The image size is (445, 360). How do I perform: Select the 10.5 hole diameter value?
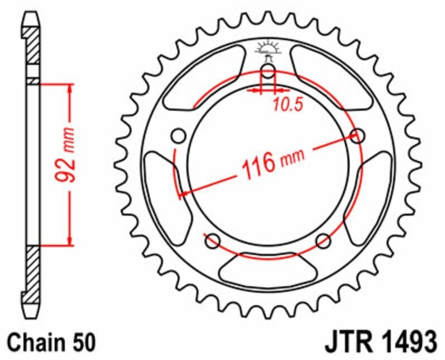[288, 104]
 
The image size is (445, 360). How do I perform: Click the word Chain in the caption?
[33, 341]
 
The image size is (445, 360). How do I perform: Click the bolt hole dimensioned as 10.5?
[269, 72]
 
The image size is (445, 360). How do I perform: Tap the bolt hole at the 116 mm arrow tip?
[357, 135]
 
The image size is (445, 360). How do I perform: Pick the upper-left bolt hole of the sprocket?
[179, 136]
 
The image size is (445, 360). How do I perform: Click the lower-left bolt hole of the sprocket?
[212, 241]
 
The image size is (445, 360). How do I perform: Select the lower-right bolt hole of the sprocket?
[323, 241]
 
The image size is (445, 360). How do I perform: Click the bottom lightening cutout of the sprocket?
[268, 268]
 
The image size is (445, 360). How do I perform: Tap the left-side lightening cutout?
[160, 190]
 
